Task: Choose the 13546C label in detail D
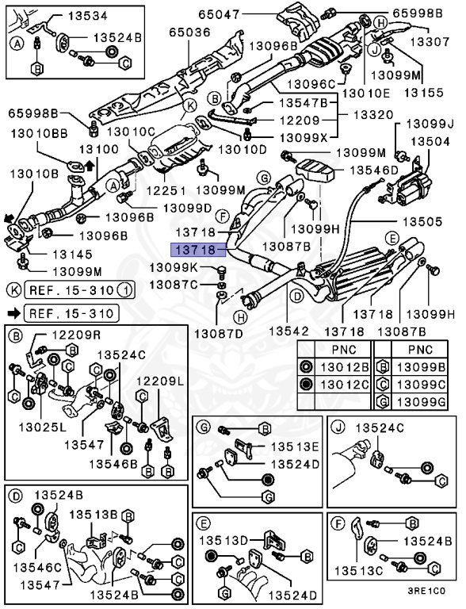[40, 568]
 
